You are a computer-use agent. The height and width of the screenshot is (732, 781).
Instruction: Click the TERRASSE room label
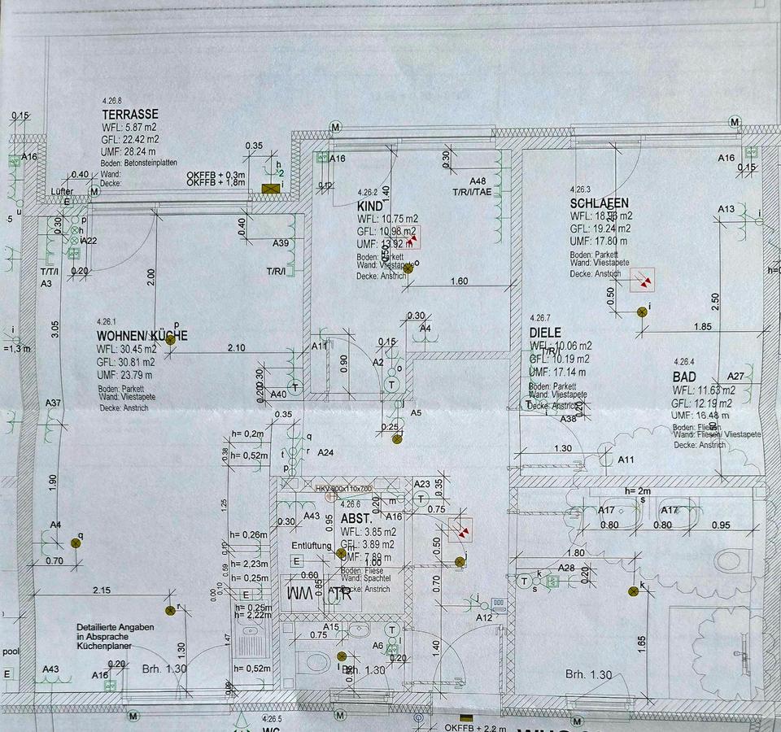tap(130, 115)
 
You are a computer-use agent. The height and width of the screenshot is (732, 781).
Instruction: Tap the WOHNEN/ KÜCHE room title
tap(142, 336)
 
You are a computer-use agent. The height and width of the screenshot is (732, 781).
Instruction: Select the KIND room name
tap(369, 207)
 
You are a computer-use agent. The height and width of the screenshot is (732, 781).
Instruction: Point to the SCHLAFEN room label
tap(600, 203)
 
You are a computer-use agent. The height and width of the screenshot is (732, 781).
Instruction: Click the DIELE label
tap(545, 332)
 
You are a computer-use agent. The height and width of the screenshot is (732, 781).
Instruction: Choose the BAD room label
tap(684, 377)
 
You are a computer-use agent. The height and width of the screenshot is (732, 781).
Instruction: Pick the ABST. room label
tap(356, 518)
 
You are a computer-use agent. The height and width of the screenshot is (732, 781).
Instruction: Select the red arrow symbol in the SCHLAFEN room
tap(644, 281)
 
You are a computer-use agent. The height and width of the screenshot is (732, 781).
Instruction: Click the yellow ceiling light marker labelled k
tap(633, 591)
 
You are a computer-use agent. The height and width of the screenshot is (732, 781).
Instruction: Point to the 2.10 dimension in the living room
tap(236, 347)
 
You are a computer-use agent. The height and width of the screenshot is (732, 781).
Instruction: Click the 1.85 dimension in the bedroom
tap(703, 327)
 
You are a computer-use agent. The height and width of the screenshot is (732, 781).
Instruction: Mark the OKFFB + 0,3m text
tap(216, 174)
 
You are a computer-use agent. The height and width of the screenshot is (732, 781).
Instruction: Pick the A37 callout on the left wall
tap(53, 403)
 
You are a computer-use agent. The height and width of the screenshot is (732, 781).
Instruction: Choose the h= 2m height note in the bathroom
tap(639, 491)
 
